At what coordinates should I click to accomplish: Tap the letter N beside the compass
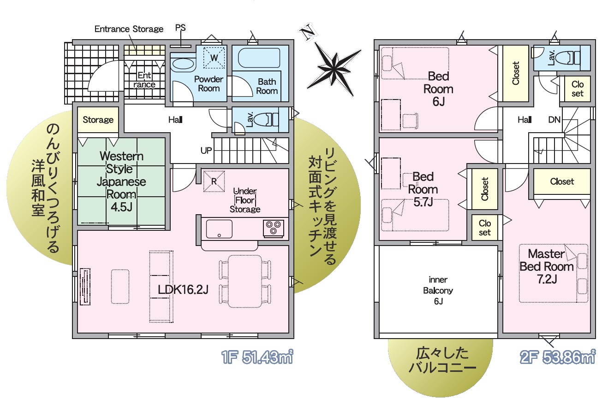coord(308,32)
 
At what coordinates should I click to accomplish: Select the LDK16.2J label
coord(183,290)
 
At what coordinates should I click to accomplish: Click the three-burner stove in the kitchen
coord(273,228)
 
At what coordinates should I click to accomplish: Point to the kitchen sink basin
coord(219,229)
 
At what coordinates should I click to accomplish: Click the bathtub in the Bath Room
coord(259,58)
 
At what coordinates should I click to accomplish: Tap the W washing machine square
coord(214,58)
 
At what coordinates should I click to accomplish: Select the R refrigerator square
coord(214,181)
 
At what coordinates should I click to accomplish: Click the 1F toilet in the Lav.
coord(266,120)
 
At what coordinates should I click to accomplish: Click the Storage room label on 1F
coord(98,120)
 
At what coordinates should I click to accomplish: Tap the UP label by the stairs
coord(206,150)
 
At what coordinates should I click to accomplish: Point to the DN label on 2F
coord(554,120)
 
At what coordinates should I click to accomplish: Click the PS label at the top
coord(180,28)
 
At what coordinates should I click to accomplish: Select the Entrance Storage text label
coord(129,29)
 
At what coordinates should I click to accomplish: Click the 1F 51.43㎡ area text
coord(257,357)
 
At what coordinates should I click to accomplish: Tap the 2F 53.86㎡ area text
coord(558,357)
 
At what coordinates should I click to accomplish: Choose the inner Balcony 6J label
coord(438,290)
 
